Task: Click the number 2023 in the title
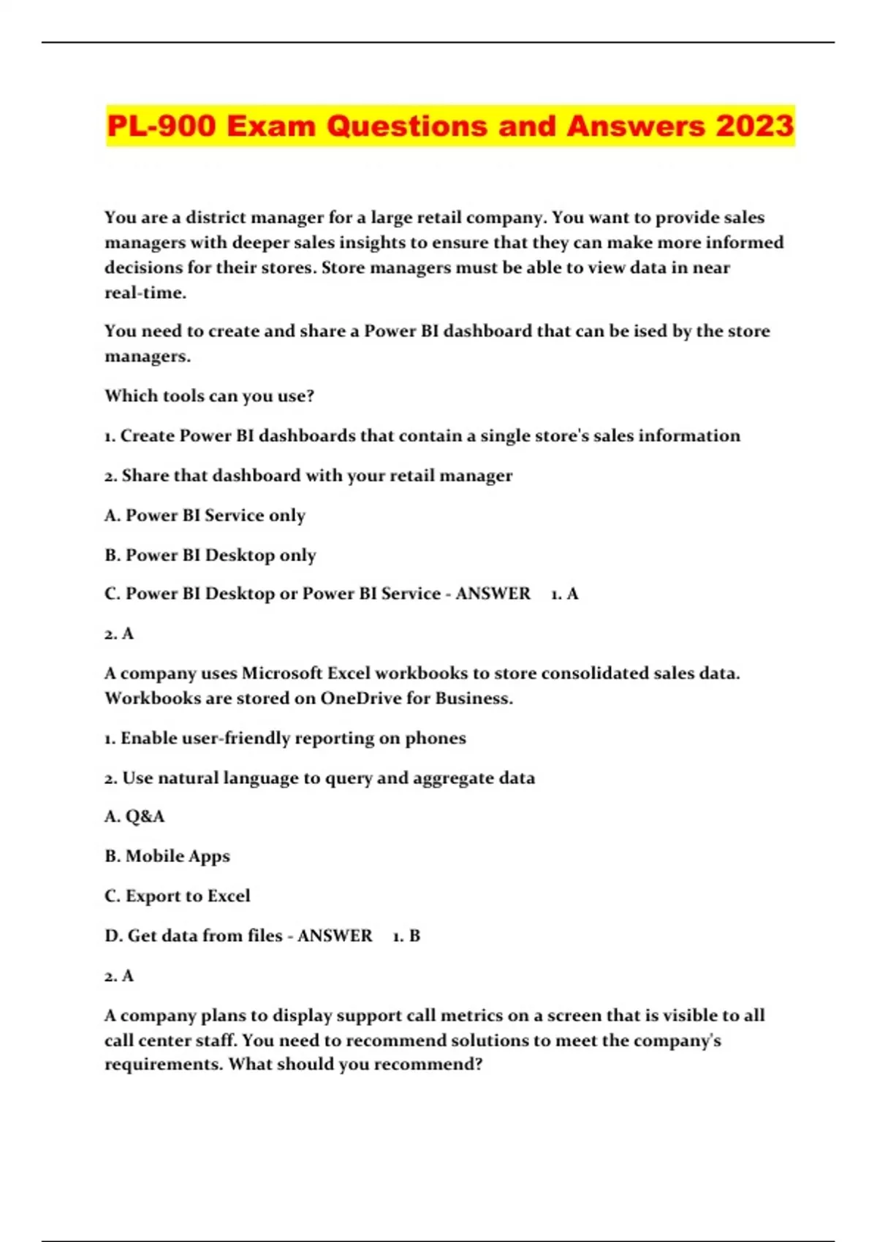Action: point(754,126)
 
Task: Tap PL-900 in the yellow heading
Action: point(162,126)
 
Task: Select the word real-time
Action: point(145,293)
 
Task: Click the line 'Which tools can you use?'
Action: point(209,396)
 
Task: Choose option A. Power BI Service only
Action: point(205,515)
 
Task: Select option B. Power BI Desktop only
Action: point(210,555)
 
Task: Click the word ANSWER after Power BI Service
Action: point(493,593)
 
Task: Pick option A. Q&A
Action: point(134,816)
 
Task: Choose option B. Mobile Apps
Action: point(167,856)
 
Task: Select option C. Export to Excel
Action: point(177,896)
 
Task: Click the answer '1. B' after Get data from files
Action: point(406,936)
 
